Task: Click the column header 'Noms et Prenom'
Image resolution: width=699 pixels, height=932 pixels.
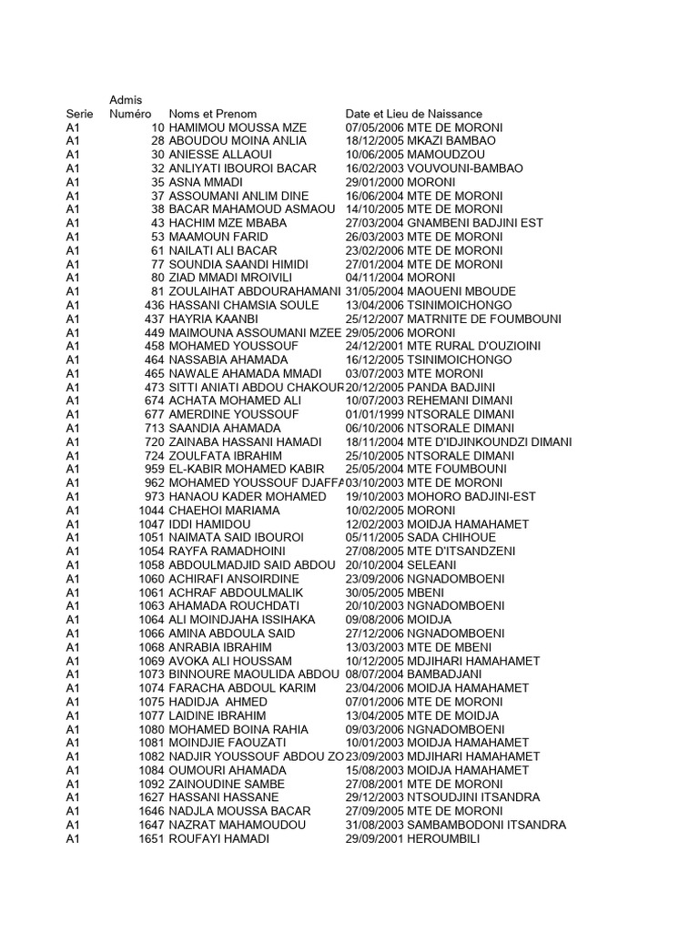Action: click(212, 114)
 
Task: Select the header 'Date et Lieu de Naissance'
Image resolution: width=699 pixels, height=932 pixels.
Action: click(414, 114)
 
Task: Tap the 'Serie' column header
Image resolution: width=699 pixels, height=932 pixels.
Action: click(80, 114)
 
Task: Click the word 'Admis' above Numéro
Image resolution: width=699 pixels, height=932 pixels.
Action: click(126, 99)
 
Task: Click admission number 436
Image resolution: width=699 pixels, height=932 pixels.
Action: click(155, 305)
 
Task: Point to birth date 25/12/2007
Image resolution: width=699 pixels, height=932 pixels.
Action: click(374, 319)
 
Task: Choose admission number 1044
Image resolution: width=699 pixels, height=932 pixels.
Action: click(151, 511)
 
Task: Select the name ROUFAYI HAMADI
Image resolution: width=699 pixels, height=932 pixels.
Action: click(219, 838)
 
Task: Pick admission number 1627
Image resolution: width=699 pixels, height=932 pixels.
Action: click(151, 797)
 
